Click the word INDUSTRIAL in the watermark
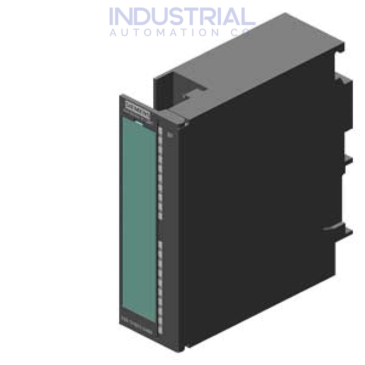pos(182,17)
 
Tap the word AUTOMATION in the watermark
pos(165,33)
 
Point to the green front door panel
pos(139,217)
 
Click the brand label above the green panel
pos(137,107)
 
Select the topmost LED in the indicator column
pos(160,130)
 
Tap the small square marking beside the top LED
pos(170,135)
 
